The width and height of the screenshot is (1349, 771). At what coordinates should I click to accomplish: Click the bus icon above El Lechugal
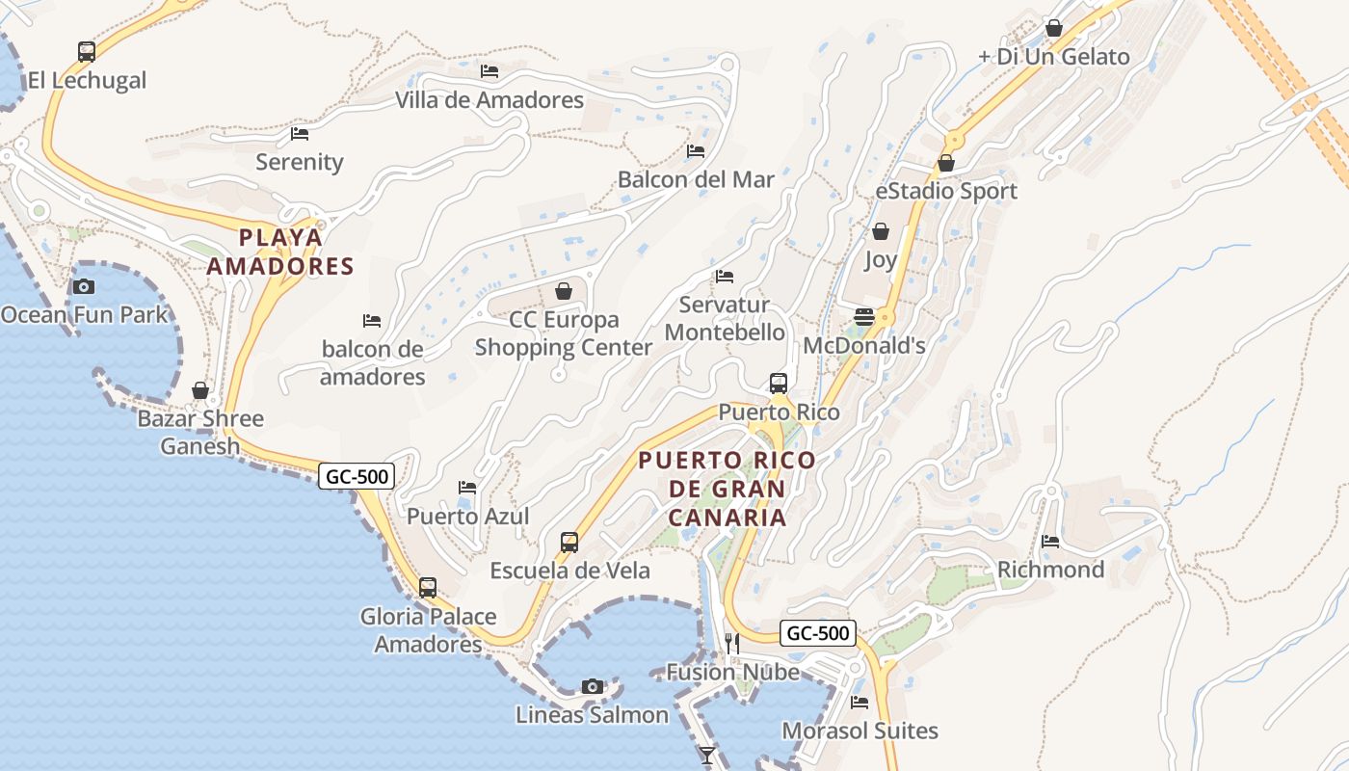(87, 52)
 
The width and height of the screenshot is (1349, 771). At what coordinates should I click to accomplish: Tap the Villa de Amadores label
(489, 100)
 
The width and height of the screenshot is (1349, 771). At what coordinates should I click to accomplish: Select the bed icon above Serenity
(300, 134)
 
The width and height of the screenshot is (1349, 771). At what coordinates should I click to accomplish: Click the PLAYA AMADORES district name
(280, 252)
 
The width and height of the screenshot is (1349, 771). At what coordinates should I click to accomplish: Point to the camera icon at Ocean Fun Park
(84, 286)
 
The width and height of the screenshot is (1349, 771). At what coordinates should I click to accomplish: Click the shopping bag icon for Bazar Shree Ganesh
(200, 390)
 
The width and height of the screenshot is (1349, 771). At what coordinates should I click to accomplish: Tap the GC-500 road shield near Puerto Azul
(357, 476)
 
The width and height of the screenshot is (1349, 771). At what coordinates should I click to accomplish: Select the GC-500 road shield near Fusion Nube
(818, 633)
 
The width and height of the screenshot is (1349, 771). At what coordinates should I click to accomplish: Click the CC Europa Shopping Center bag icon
(564, 290)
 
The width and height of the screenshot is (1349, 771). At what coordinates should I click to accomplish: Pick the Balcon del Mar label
(696, 179)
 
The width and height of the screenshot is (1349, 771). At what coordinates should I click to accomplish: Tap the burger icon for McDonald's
(863, 317)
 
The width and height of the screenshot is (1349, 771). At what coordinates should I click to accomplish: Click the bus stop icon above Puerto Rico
(779, 384)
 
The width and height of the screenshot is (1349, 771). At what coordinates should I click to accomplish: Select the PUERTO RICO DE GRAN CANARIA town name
(727, 489)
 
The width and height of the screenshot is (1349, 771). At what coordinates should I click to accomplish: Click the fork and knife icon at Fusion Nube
(732, 643)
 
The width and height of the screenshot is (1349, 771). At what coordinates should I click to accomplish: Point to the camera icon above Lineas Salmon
(593, 686)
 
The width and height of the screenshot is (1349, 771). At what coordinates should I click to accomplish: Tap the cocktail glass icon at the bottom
(708, 755)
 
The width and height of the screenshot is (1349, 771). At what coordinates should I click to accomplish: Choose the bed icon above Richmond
(1050, 542)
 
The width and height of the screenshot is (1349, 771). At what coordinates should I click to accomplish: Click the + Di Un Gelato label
(1053, 57)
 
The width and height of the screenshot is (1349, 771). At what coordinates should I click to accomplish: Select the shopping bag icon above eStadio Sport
(946, 163)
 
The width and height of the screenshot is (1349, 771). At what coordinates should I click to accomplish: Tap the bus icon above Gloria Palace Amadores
(428, 587)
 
